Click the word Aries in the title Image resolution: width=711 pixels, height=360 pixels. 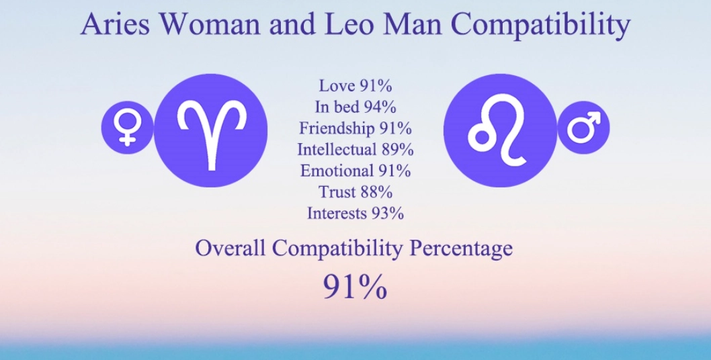pos(117,25)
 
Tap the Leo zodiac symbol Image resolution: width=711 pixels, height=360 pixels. pos(501,130)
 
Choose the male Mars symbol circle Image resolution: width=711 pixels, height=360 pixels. pos(583,126)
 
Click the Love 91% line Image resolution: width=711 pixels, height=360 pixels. pos(355,86)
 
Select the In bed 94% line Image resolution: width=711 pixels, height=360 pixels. pos(355,107)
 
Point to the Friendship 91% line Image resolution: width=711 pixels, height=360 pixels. pos(355,128)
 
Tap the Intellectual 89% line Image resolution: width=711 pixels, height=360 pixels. pos(355,149)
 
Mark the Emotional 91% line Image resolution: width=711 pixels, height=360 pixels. pos(355,171)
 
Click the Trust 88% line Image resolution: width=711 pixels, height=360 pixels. pos(355,192)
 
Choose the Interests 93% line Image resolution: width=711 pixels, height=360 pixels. pos(355,214)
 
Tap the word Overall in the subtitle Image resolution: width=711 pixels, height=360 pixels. pos(231,249)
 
